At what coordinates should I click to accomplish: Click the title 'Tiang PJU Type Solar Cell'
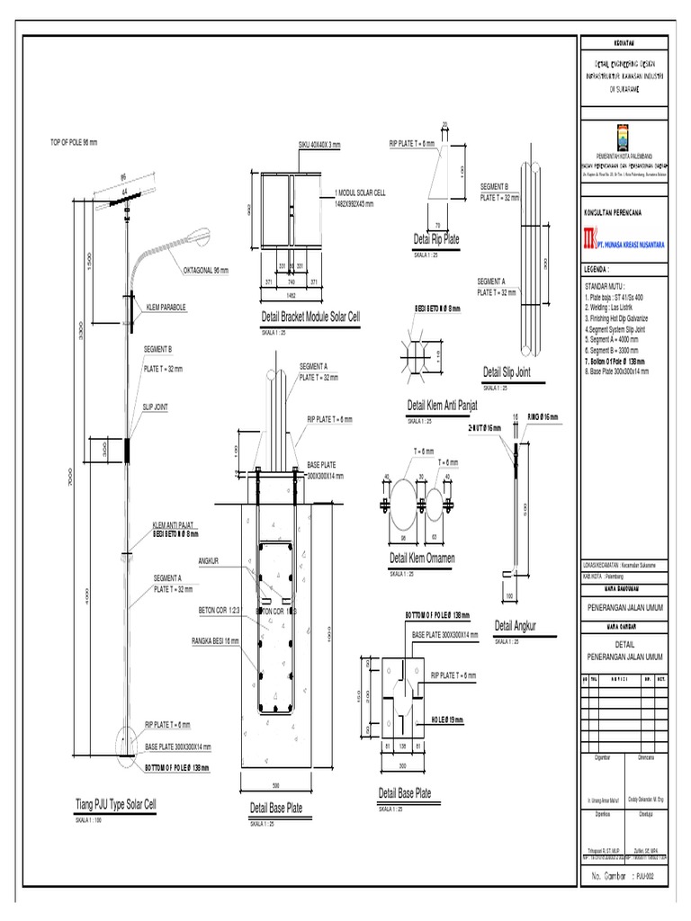point(116,804)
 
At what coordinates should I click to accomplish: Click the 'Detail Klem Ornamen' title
point(422,559)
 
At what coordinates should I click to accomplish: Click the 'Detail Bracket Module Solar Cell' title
point(310,317)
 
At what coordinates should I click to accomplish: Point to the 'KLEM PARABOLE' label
point(166,307)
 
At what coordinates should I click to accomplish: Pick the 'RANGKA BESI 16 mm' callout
point(216,640)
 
